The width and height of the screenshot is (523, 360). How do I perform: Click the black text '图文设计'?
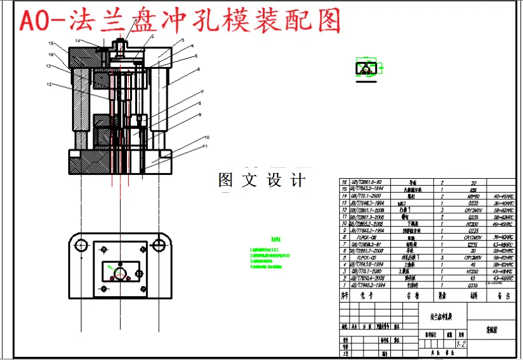261,181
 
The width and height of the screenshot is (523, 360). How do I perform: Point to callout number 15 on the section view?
52,43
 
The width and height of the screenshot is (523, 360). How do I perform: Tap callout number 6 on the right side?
198,69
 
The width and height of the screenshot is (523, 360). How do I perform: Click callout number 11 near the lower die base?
206,146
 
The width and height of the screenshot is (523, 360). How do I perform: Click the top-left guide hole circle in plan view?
80,245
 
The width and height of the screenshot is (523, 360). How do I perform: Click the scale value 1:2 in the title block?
461,343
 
